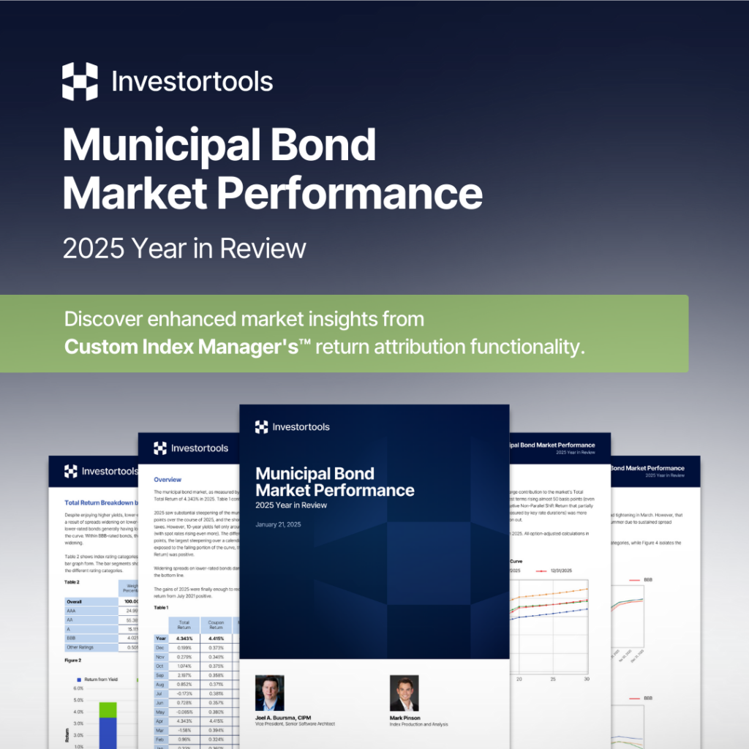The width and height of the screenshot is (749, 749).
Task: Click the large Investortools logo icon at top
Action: (80, 81)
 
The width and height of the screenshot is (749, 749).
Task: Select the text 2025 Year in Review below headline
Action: (184, 249)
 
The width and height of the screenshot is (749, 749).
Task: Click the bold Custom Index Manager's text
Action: (180, 345)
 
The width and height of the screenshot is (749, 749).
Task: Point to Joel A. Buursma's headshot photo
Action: (269, 693)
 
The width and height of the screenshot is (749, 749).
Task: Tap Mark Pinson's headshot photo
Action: (404, 693)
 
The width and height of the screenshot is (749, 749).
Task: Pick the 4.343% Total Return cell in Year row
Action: (184, 639)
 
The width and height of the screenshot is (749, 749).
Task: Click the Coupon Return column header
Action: (215, 625)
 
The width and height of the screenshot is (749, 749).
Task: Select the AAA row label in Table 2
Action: (70, 611)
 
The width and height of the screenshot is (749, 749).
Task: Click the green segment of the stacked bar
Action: (108, 710)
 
